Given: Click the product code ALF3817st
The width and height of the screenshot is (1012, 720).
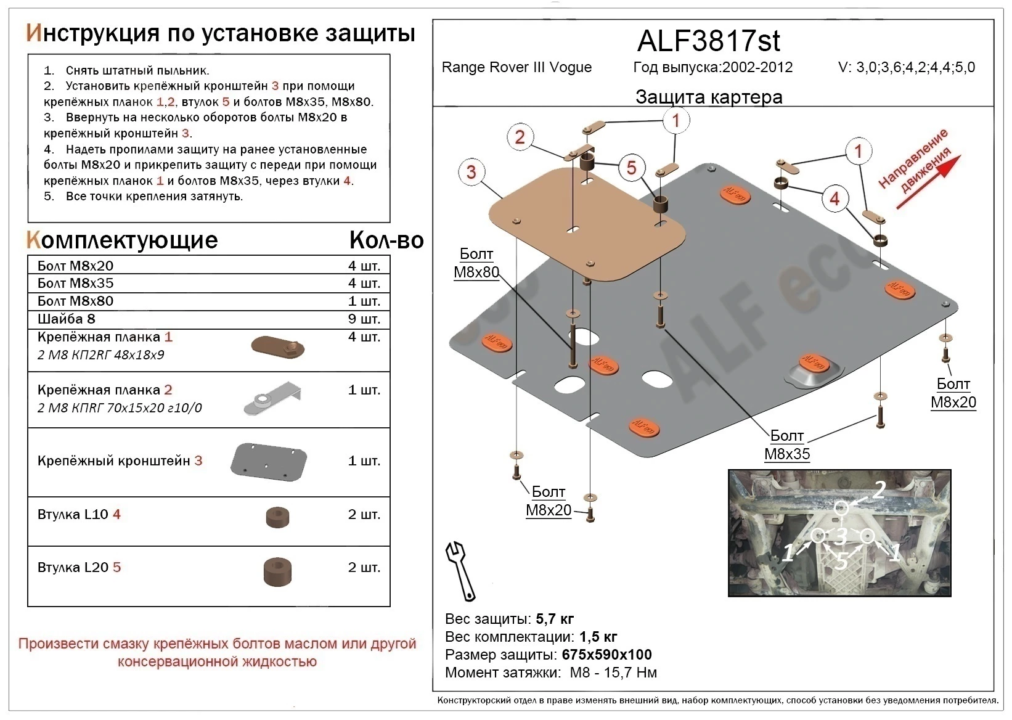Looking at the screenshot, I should (x=708, y=41).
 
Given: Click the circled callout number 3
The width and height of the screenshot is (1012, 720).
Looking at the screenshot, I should (x=471, y=172).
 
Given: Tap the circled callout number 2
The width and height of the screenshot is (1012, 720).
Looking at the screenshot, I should (x=520, y=137).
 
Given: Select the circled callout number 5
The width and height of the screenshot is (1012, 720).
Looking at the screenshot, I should (x=631, y=168).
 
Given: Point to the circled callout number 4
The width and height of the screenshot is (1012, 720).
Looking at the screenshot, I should (x=834, y=198).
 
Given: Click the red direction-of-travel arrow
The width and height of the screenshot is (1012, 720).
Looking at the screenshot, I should (x=928, y=182).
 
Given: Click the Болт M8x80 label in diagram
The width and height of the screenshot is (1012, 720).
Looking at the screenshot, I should (x=476, y=263).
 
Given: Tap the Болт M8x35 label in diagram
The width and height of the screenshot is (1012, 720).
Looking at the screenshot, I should (x=787, y=445).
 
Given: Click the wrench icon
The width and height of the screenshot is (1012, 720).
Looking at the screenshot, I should (x=460, y=570).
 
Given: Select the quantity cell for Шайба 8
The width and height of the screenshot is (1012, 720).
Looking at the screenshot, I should (x=364, y=319).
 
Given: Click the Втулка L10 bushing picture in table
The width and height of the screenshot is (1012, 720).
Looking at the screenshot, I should (x=277, y=518).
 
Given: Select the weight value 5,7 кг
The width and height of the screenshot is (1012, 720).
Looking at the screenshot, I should (x=555, y=619).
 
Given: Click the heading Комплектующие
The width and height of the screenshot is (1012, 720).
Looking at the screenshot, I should (x=121, y=240).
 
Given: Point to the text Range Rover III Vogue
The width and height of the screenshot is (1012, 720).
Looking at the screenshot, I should (x=516, y=67).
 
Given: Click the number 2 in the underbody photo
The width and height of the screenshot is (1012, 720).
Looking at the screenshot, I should (x=878, y=490).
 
